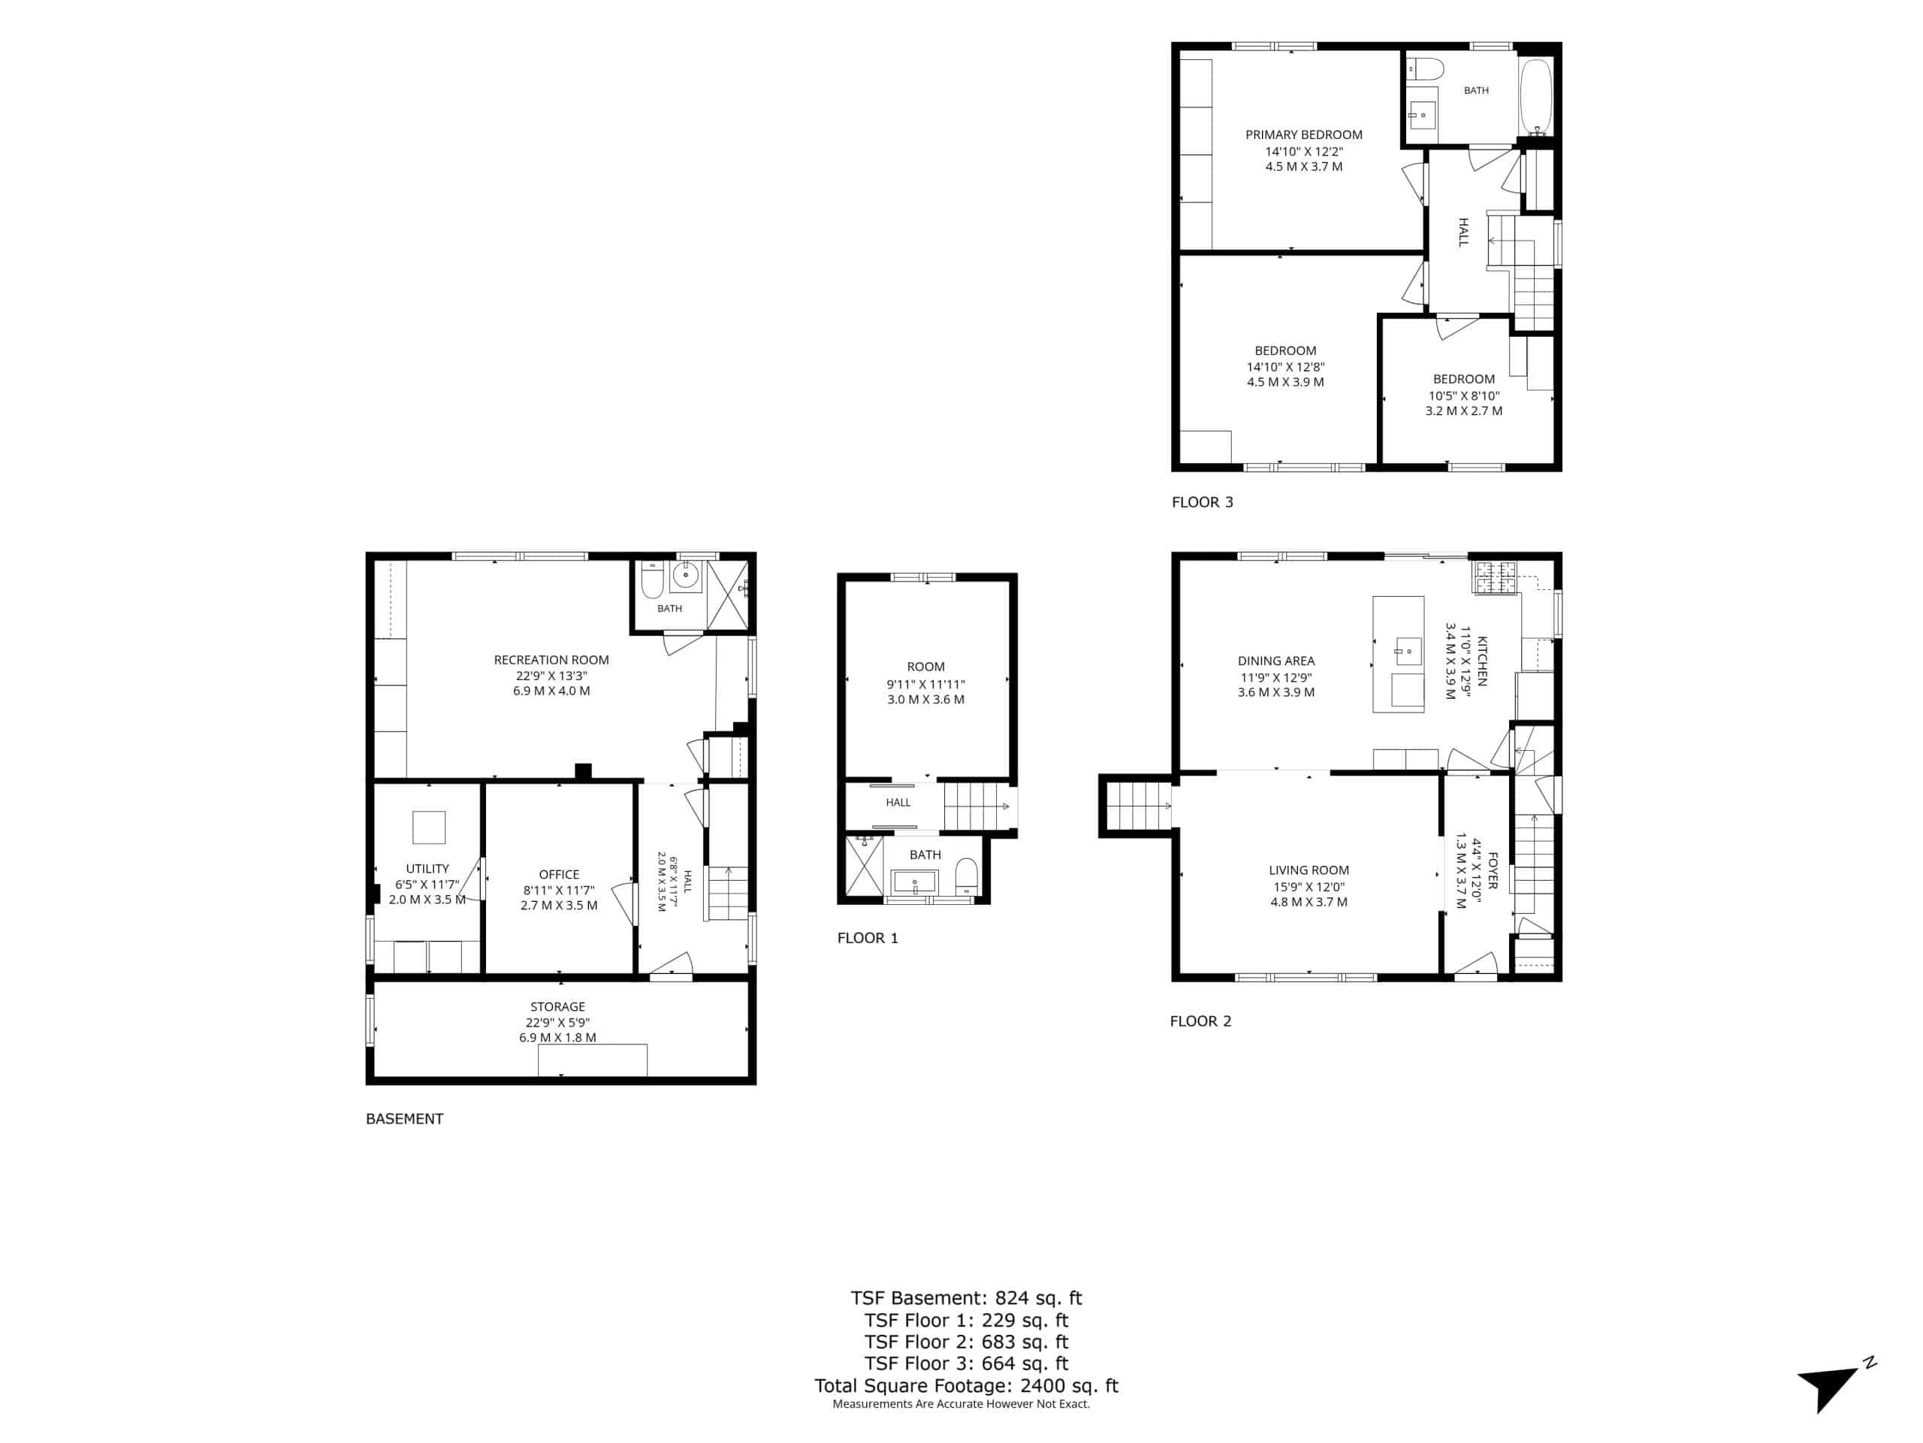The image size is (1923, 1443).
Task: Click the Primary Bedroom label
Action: click(1303, 135)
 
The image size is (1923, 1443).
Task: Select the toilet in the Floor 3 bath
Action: click(1425, 68)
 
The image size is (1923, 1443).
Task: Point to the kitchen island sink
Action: click(1408, 651)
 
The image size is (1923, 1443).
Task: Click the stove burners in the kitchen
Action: click(1493, 577)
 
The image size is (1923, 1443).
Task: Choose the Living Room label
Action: click(1309, 870)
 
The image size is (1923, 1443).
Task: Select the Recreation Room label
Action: click(551, 660)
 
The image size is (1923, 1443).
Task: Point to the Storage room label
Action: click(557, 1006)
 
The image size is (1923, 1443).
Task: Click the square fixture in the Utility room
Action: click(429, 827)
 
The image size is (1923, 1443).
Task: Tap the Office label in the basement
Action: click(559, 874)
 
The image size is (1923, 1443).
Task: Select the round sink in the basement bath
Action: click(686, 575)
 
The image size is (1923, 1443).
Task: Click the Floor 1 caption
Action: click(868, 938)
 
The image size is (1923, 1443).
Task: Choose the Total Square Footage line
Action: click(966, 1386)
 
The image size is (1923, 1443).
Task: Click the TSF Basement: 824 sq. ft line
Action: click(966, 1298)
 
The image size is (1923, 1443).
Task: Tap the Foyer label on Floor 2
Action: click(1493, 870)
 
